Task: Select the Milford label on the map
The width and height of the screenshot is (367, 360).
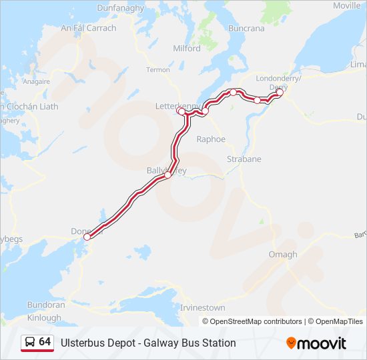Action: point(186,49)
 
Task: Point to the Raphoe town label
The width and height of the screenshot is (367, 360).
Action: point(211,139)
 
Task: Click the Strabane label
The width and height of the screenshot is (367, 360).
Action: point(244,159)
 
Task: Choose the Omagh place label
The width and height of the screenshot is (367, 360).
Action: point(282,255)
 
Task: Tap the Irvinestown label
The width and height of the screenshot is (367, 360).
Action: point(202,308)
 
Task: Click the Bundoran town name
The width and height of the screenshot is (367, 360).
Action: point(46,305)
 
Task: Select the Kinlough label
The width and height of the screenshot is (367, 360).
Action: point(44,318)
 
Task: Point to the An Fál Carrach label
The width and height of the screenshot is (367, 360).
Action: point(88,28)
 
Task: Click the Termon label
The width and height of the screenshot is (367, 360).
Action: point(158,70)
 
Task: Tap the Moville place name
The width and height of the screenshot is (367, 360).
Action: point(346,5)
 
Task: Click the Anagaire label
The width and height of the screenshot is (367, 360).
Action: point(37,81)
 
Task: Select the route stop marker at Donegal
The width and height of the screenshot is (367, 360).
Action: point(87,237)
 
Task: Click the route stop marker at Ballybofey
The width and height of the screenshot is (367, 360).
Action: point(167,176)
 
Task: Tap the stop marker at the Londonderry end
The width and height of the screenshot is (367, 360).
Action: point(280,93)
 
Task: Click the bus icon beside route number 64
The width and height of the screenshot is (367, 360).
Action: point(31,343)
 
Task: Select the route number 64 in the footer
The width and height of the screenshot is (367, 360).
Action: point(45,342)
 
